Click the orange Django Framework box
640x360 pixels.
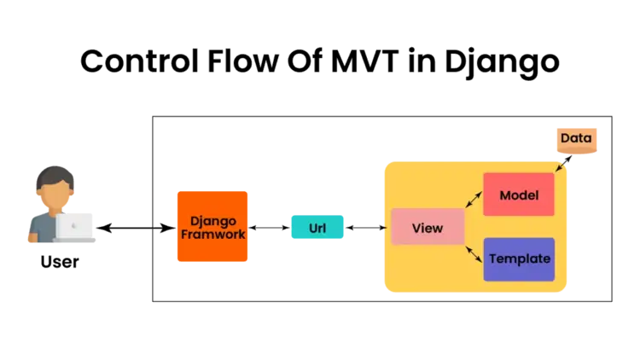click(x=212, y=227)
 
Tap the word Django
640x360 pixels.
click(x=212, y=221)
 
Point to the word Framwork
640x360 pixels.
click(x=212, y=234)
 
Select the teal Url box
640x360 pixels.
click(x=317, y=228)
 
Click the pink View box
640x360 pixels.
click(x=428, y=228)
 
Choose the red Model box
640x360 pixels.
click(x=519, y=195)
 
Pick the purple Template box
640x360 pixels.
click(x=519, y=259)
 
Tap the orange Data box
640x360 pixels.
click(x=577, y=139)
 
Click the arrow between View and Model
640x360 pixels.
click(x=474, y=200)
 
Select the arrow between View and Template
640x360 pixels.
click(x=474, y=252)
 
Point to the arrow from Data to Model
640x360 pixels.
click(x=561, y=163)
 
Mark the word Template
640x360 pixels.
click(x=519, y=259)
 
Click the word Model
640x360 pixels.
click(x=519, y=195)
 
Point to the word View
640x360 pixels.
click(x=428, y=228)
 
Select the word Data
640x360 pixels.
click(x=577, y=138)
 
